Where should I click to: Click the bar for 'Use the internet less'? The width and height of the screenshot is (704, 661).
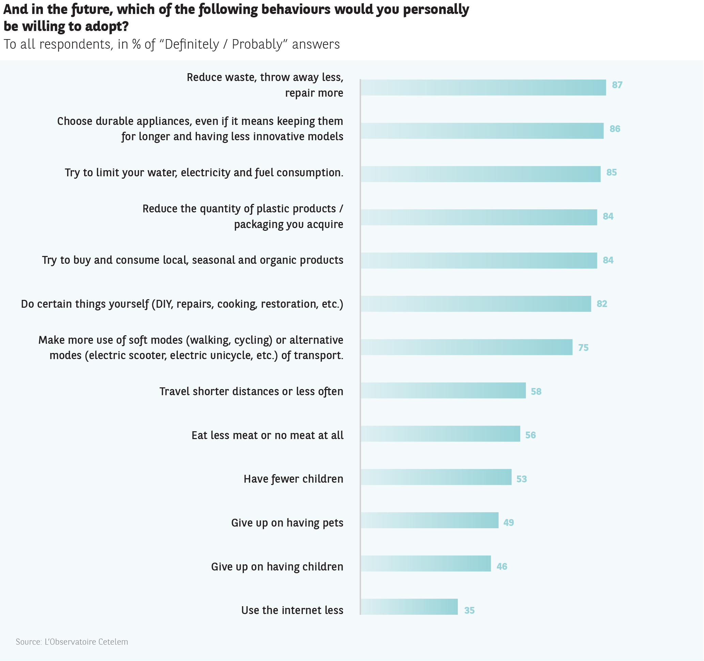pos(409,607)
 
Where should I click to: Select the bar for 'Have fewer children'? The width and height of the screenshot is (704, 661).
pos(436,477)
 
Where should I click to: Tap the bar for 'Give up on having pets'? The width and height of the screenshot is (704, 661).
pos(429,520)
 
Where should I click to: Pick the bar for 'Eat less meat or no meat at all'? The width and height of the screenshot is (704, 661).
pos(440,434)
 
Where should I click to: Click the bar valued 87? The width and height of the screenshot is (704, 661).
pos(483,87)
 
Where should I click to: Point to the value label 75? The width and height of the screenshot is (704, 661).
pos(583,348)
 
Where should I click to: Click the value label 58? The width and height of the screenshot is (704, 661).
pos(536,391)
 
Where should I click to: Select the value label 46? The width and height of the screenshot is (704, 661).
pos(502,566)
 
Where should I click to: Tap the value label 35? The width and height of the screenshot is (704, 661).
pos(469,610)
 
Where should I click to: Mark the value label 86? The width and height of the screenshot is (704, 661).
pos(615,129)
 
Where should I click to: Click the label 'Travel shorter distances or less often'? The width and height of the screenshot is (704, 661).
pos(251,391)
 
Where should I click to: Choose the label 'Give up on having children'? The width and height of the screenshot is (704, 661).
pos(277,566)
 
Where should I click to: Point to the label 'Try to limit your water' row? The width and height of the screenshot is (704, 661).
pos(204,173)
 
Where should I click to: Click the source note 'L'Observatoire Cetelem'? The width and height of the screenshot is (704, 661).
pos(86,642)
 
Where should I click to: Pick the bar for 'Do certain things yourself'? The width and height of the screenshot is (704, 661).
pos(475,304)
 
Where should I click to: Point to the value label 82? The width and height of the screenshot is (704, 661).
pos(602,304)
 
